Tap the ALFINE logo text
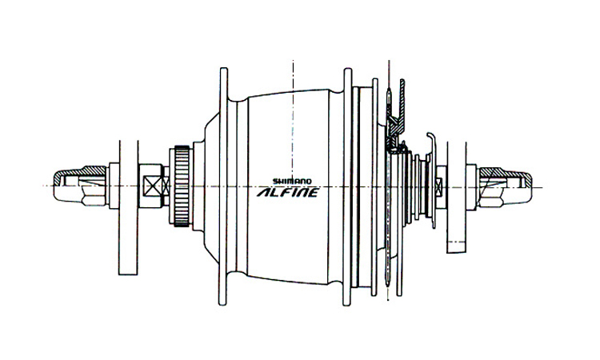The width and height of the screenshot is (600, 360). click(286, 193)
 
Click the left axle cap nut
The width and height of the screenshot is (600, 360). click(76, 186)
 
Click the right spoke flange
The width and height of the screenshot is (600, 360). click(345, 186)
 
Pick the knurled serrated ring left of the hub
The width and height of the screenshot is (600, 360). click(180, 186)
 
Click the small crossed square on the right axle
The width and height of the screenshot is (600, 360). click(439, 186)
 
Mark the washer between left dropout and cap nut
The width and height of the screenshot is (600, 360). click(112, 186)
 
